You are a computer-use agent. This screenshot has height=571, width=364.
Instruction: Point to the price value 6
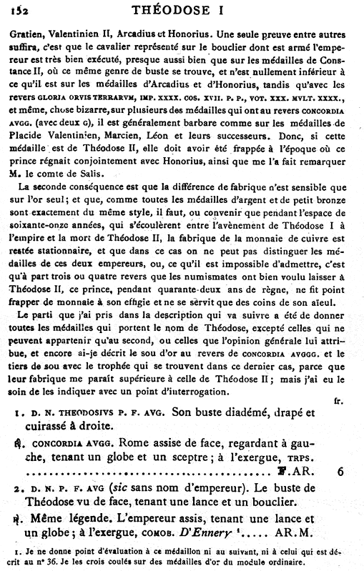(x=341, y=472)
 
